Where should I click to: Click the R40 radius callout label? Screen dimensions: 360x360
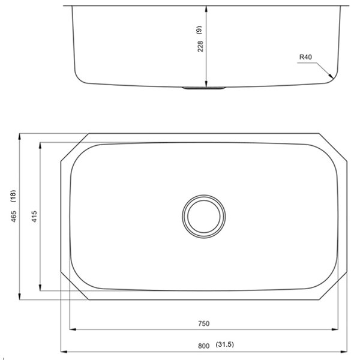pos(307,58)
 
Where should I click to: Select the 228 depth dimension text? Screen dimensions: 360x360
pos(200,46)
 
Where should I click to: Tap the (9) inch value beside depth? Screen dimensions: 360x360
pos(200,28)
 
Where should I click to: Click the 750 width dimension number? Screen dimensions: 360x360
pos(203,323)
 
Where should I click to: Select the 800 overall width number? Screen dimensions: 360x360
pos(203,345)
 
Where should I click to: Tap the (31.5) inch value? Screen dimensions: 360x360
pos(224,345)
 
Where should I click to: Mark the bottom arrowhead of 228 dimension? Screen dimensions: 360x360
pos(207,84)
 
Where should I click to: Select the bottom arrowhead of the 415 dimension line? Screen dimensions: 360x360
pos(40,288)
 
